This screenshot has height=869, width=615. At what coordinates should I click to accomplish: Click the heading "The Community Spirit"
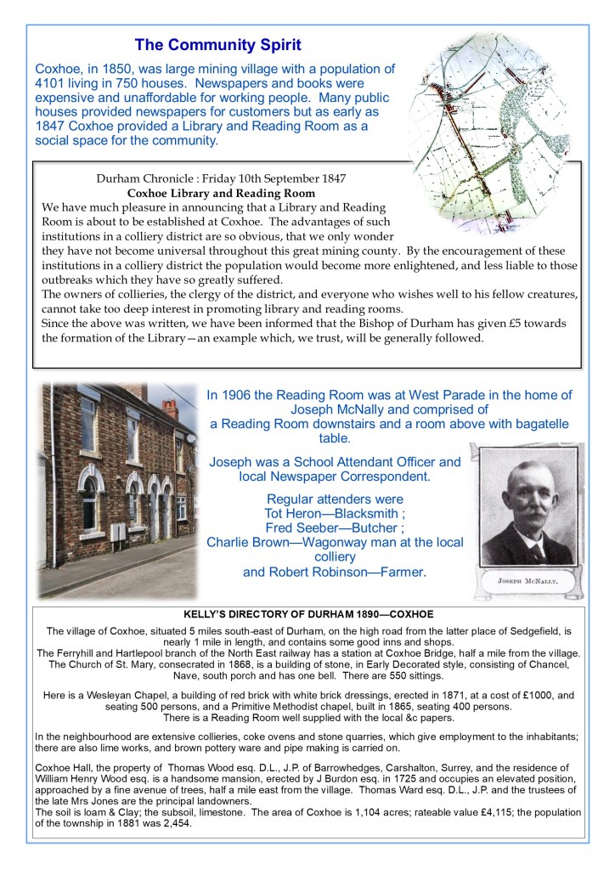point(217,44)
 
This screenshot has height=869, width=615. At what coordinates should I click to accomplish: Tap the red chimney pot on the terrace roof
point(171,409)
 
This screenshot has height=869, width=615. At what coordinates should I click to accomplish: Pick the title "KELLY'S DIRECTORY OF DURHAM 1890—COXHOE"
point(307,613)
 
